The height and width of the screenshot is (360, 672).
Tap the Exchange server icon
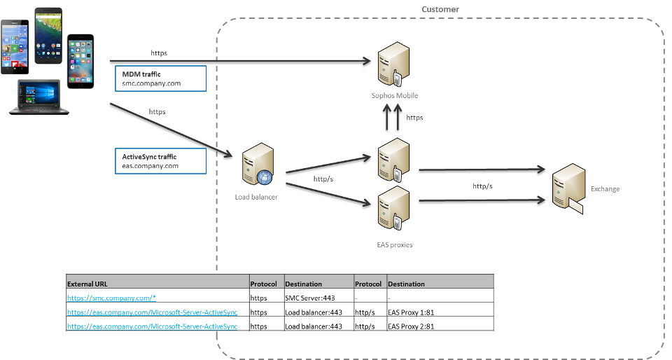(x=568, y=188)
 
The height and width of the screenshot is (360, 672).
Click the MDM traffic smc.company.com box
(x=161, y=78)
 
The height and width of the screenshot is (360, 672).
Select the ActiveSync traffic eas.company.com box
(x=161, y=161)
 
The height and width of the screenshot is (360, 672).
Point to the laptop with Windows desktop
(x=39, y=97)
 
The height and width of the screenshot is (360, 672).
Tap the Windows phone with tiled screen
(x=15, y=46)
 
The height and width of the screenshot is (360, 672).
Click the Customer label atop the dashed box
(x=440, y=9)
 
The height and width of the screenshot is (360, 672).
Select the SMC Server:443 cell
(x=309, y=298)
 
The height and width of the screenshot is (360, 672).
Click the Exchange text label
(x=605, y=189)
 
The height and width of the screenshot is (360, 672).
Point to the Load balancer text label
(x=256, y=198)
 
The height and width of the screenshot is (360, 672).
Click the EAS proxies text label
(x=394, y=245)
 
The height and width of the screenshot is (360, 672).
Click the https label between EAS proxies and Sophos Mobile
(x=415, y=118)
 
